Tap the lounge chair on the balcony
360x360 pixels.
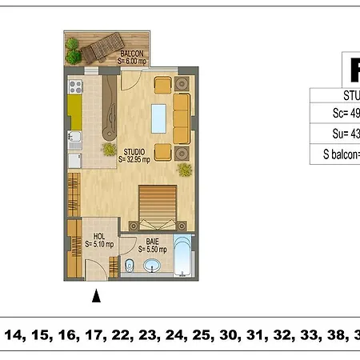102,50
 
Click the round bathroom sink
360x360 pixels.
151,265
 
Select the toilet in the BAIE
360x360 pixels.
130,265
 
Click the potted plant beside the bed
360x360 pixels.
185,169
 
